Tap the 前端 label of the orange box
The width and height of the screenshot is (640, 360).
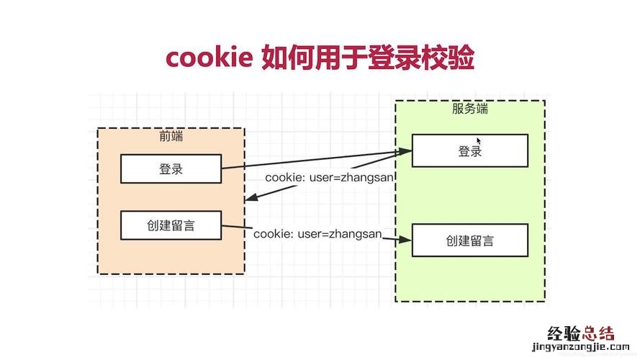click(x=171, y=136)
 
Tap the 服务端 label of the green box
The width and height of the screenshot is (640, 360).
click(x=469, y=109)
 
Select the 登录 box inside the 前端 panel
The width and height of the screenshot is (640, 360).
click(x=171, y=169)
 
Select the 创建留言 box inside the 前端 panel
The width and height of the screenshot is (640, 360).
click(x=171, y=226)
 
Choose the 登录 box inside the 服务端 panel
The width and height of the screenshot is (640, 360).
click(x=469, y=150)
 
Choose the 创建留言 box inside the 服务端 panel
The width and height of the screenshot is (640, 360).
click(x=469, y=240)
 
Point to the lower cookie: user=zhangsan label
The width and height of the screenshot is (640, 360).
click(x=317, y=234)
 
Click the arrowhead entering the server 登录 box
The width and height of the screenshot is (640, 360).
click(x=406, y=151)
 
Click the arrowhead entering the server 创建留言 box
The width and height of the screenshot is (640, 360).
click(x=406, y=241)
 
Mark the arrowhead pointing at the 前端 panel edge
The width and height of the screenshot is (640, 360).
click(x=249, y=199)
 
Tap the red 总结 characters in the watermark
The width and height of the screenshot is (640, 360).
click(x=599, y=334)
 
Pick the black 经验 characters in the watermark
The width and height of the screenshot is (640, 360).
click(x=564, y=334)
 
